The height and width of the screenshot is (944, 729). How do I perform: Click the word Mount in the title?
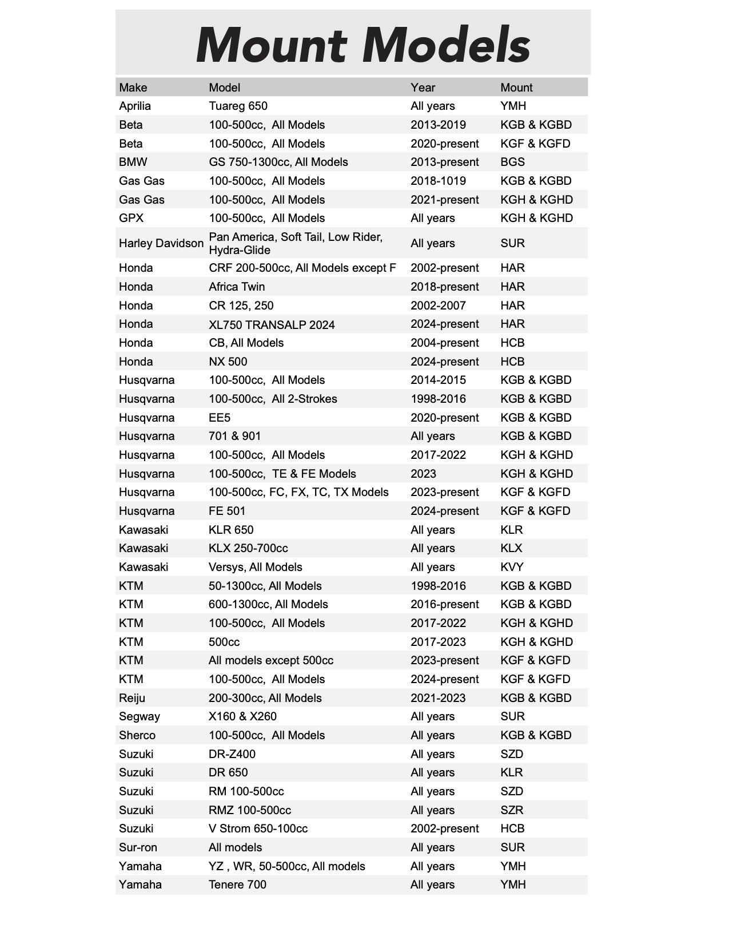[x=271, y=45]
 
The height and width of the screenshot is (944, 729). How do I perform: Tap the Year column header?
[x=423, y=88]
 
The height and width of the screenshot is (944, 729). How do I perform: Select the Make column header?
[x=133, y=88]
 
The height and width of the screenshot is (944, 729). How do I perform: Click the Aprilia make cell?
[x=135, y=106]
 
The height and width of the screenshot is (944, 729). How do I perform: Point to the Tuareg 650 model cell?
[x=238, y=106]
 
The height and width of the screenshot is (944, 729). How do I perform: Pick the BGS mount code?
[x=512, y=162]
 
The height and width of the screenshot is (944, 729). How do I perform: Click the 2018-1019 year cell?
[x=438, y=181]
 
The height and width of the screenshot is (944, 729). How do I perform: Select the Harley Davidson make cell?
[x=161, y=243]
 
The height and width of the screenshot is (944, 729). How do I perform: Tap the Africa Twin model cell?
[x=237, y=287]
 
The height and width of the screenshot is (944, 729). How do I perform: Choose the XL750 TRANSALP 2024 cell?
[x=272, y=324]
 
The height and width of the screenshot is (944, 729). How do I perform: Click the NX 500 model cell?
[x=228, y=362]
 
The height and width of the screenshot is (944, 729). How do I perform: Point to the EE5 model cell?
[x=220, y=418]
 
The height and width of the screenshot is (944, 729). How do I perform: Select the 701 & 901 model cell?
[x=234, y=436]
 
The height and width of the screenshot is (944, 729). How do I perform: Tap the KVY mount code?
[x=512, y=567]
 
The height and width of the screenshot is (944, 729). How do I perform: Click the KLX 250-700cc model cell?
[x=248, y=548]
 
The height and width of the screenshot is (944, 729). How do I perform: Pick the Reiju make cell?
[x=132, y=698]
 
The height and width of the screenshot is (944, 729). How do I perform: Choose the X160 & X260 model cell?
[x=242, y=716]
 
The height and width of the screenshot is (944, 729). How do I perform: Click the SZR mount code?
[x=512, y=810]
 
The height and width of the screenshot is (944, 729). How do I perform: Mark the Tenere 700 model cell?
[x=237, y=884]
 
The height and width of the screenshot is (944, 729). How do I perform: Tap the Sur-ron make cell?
[x=138, y=847]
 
